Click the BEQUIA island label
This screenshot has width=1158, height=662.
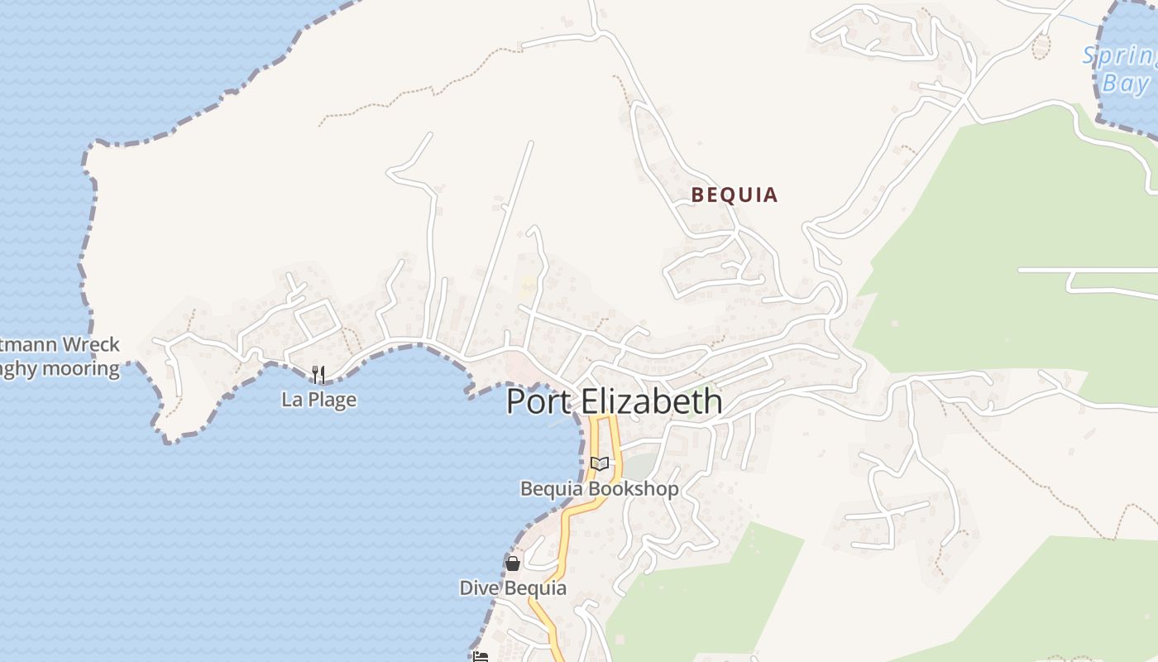pyautogui.click(x=735, y=195)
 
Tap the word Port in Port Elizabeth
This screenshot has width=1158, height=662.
pyautogui.click(x=538, y=402)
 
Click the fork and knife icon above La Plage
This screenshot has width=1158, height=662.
pyautogui.click(x=318, y=375)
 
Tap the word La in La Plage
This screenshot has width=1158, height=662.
pyautogui.click(x=291, y=400)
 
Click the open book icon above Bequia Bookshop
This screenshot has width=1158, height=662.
pyautogui.click(x=600, y=464)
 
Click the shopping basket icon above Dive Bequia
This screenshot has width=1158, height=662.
pyautogui.click(x=513, y=564)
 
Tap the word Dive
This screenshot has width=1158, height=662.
pyautogui.click(x=479, y=588)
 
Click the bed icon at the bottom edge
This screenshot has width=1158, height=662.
pyautogui.click(x=481, y=657)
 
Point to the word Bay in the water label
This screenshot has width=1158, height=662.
pyautogui.click(x=1126, y=84)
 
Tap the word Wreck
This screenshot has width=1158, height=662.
pyautogui.click(x=92, y=344)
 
